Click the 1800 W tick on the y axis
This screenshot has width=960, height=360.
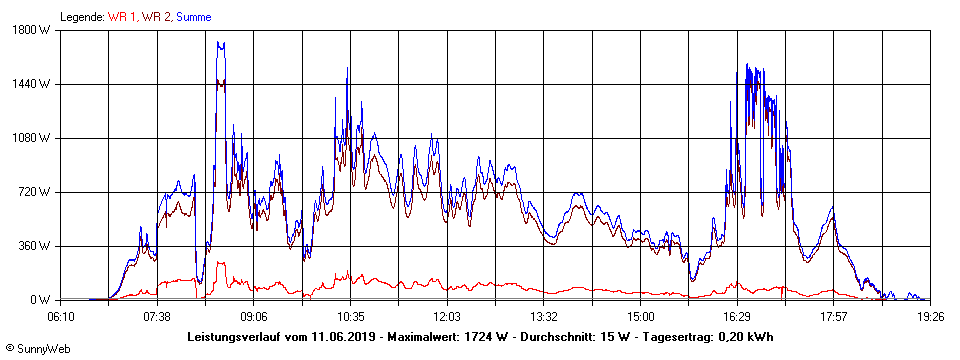pyautogui.click(x=37, y=30)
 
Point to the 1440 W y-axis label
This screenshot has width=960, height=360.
pyautogui.click(x=37, y=84)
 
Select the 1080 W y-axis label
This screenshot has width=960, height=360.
pyautogui.click(x=37, y=138)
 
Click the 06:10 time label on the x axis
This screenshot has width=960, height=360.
pyautogui.click(x=61, y=316)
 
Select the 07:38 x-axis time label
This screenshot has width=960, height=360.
pyautogui.click(x=157, y=316)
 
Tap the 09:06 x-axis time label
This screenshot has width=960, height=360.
pyautogui.click(x=254, y=316)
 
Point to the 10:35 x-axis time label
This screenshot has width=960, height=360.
pyautogui.click(x=350, y=316)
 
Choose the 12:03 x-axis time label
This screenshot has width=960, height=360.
pyautogui.click(x=447, y=316)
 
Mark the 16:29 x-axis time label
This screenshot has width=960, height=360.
pyautogui.click(x=737, y=316)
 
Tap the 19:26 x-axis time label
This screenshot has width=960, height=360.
pyautogui.click(x=929, y=316)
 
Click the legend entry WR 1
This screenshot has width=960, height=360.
pyautogui.click(x=123, y=17)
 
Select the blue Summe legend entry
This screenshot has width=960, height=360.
pyautogui.click(x=196, y=17)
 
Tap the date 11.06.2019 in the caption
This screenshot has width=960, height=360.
pyautogui.click(x=342, y=336)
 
